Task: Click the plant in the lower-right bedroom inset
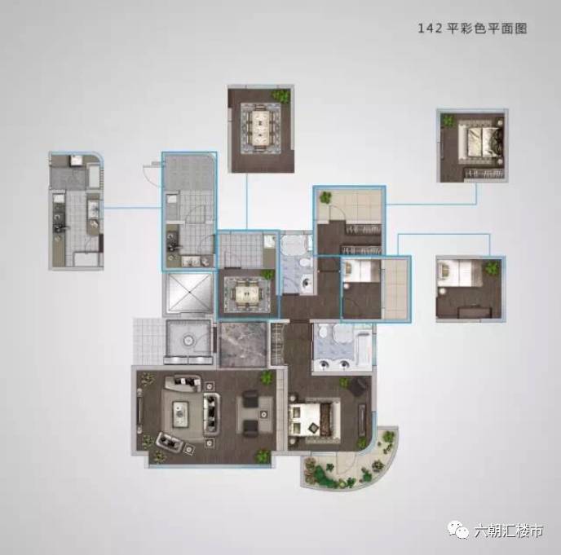click(492, 268)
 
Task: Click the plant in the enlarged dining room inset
click(282, 96)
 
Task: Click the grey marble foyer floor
click(242, 343)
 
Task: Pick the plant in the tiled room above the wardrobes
click(326, 196)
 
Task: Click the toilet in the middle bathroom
click(303, 282)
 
